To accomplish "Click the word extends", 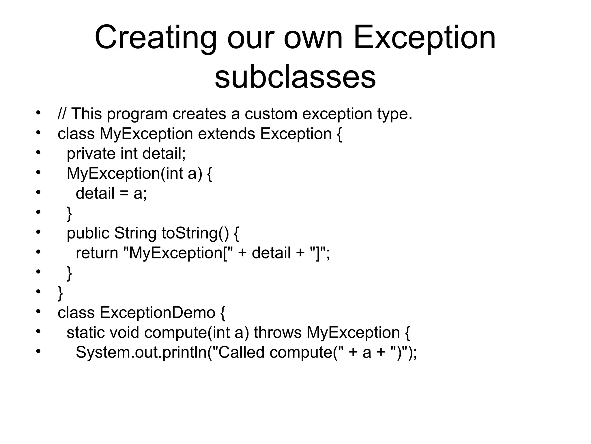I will pyautogui.click(x=227, y=134).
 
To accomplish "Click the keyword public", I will pyautogui.click(x=88, y=233).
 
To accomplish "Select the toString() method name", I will pyautogui.click(x=195, y=233).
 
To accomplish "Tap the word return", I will pyautogui.click(x=97, y=253).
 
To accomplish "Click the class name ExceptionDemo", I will pyautogui.click(x=158, y=312).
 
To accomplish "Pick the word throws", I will pyautogui.click(x=278, y=332).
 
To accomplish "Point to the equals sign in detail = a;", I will pyautogui.click(x=124, y=193).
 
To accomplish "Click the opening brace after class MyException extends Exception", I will pyautogui.click(x=339, y=134).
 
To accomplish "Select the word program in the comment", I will pyautogui.click(x=137, y=114).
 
